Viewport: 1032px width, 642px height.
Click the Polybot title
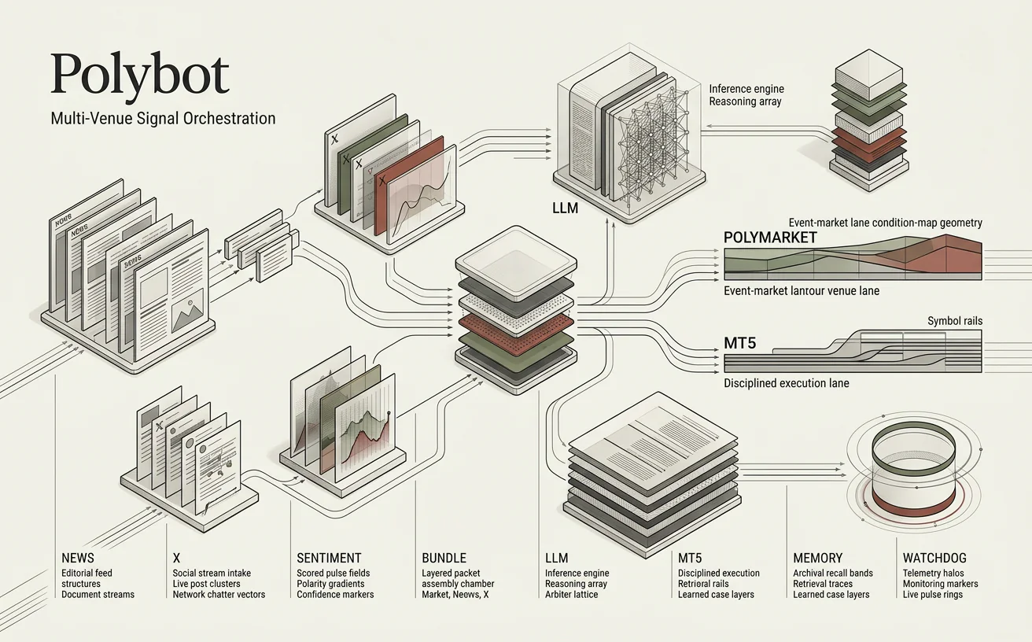140,76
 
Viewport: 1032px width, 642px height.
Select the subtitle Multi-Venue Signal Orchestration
163,119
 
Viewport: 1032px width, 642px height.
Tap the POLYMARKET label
769,238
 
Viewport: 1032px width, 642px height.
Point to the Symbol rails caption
954,321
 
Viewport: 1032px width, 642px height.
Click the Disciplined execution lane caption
786,383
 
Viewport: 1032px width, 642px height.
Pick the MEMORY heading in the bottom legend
817,558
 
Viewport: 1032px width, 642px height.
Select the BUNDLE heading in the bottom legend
444,558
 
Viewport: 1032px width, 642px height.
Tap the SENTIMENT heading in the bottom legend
329,558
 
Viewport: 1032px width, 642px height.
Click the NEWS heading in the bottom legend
77,558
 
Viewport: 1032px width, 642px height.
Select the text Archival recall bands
832,574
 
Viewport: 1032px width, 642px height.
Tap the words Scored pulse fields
333,574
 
